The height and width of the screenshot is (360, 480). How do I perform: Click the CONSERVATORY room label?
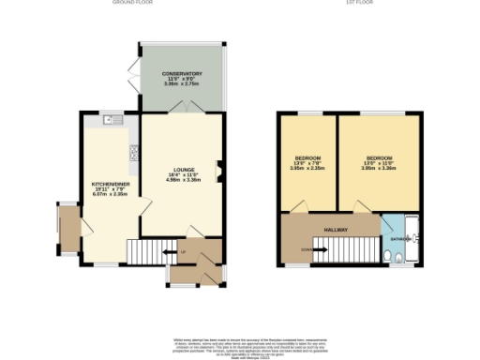pyautogui.click(x=182, y=73)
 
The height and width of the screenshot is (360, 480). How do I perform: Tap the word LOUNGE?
pyautogui.click(x=183, y=169)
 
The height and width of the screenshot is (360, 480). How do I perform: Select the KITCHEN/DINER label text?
pyautogui.click(x=109, y=184)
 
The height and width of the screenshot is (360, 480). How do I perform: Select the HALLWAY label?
pyautogui.click(x=337, y=230)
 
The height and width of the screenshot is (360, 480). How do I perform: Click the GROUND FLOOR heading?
pyautogui.click(x=132, y=3)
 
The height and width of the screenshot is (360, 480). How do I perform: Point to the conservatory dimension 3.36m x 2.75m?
pyautogui.click(x=182, y=84)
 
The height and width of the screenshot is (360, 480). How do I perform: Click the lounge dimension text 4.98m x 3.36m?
pyautogui.click(x=183, y=180)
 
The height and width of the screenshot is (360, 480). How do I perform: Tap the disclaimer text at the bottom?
pyautogui.click(x=240, y=344)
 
